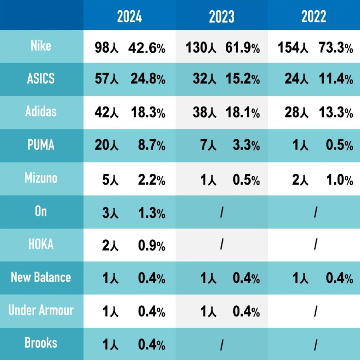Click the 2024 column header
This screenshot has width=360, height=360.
coord(129,16)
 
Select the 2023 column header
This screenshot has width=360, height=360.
coord(221,16)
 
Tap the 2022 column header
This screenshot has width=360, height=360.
coord(314,16)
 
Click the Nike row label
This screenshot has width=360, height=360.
coord(41,46)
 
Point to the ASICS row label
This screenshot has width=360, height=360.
coord(41,79)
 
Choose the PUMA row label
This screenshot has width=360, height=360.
coord(41,145)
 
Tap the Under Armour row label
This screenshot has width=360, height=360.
coord(41,310)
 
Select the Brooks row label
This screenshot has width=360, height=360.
coord(41,343)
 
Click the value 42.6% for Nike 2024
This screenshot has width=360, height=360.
coord(147,47)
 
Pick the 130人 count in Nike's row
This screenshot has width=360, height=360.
coord(201,47)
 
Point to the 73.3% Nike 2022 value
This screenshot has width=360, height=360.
coord(336,47)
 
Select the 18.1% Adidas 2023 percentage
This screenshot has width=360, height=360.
coord(242,113)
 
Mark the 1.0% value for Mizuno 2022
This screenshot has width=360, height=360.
coord(340,179)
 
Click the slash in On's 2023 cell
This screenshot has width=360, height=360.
coord(221,212)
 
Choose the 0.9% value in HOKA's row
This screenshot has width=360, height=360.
coord(152,245)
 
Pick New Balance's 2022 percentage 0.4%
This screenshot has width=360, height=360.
coord(340,278)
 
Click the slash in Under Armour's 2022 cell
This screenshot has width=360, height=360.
coord(316,311)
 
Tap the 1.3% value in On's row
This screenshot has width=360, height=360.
coord(152,212)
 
